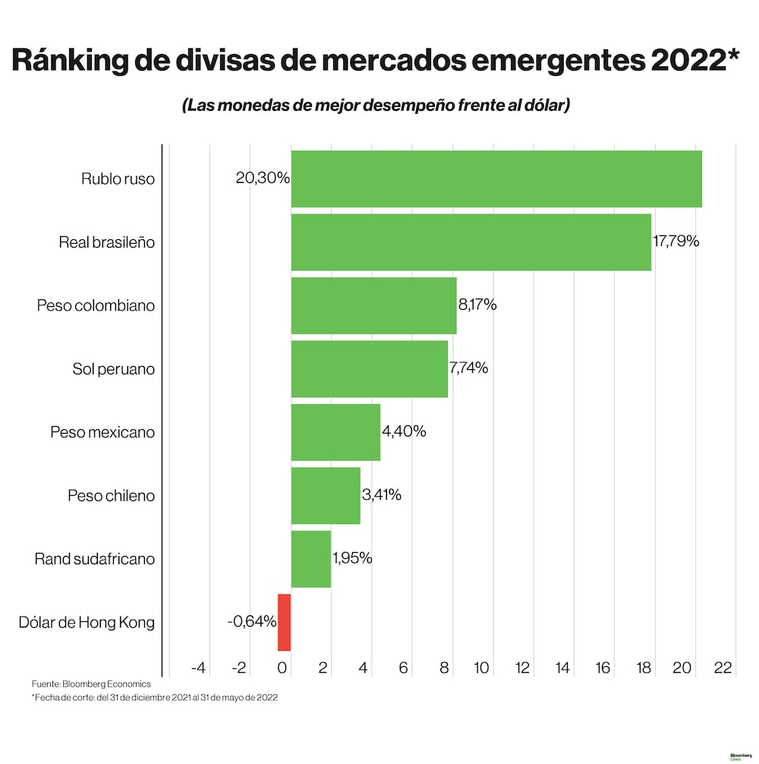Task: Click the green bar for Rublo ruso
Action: [496, 179]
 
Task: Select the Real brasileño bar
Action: [471, 242]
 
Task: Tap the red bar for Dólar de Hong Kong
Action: [284, 622]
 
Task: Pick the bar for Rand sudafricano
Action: [310, 559]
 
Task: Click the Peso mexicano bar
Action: [335, 432]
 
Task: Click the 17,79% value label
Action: [676, 242]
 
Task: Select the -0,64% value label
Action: [252, 622]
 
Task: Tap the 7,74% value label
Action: [468, 369]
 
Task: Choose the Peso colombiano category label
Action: [96, 306]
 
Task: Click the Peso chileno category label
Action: [111, 496]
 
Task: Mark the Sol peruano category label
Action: [113, 369]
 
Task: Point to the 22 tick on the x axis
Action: [723, 668]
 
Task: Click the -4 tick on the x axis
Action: [199, 668]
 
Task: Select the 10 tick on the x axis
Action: [481, 668]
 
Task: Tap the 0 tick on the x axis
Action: [282, 668]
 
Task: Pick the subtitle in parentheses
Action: [376, 106]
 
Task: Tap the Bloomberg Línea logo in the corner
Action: [740, 757]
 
